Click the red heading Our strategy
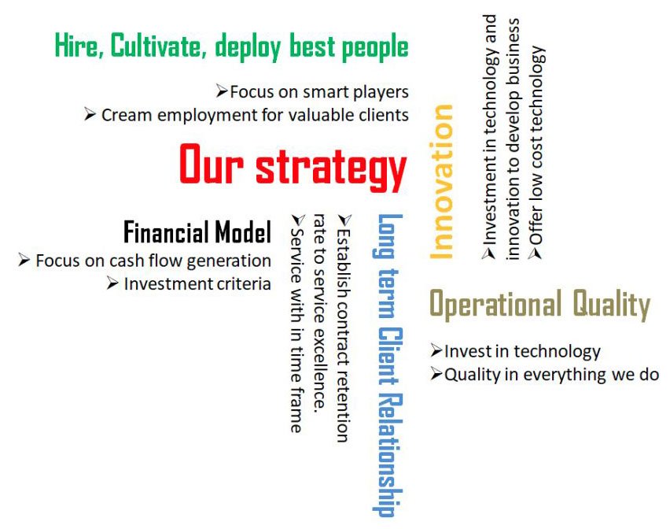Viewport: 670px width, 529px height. pyautogui.click(x=293, y=167)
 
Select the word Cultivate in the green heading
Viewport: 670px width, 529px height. pyautogui.click(x=156, y=46)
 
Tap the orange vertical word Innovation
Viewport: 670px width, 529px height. pyautogui.click(x=441, y=182)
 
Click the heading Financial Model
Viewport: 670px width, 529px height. pyautogui.click(x=197, y=231)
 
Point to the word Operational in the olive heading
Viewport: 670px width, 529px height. pyautogui.click(x=495, y=304)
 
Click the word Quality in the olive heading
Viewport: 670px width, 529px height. pyautogui.click(x=612, y=305)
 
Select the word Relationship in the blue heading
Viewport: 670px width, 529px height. pyautogui.click(x=389, y=454)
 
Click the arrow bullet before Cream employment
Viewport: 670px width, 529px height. pyautogui.click(x=90, y=114)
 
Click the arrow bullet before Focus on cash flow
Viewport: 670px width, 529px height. pyautogui.click(x=24, y=260)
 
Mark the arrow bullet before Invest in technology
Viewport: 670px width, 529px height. pyautogui.click(x=436, y=350)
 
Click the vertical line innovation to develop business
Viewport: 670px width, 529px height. pyautogui.click(x=512, y=139)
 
